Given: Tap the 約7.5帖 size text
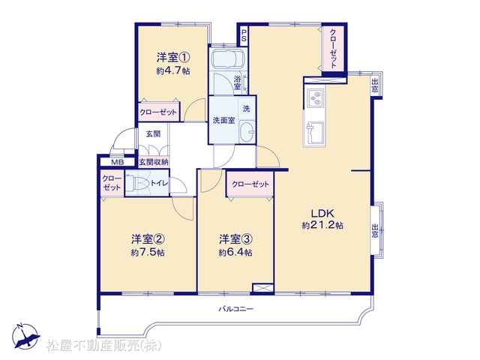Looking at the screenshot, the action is point(148,253).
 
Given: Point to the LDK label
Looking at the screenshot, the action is point(322,213).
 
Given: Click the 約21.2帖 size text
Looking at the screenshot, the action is point(322,225).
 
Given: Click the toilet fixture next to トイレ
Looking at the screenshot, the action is point(138,183).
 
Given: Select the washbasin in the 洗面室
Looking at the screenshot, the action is point(247,132).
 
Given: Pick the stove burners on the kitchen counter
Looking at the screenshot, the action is point(316,98).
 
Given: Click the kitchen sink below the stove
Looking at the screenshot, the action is point(316,133).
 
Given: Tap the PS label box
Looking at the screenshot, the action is point(244,36).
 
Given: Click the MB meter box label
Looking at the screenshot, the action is point(117,162).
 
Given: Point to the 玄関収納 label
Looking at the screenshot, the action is point(154,162).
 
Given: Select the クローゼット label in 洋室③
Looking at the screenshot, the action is point(250,184).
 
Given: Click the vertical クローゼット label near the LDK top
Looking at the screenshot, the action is point(333,48).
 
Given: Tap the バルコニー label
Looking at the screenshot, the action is point(235,309).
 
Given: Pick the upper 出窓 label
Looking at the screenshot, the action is point(375,85).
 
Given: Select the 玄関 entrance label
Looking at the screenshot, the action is point(153,133).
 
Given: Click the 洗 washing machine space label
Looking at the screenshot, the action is point(247,108).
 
